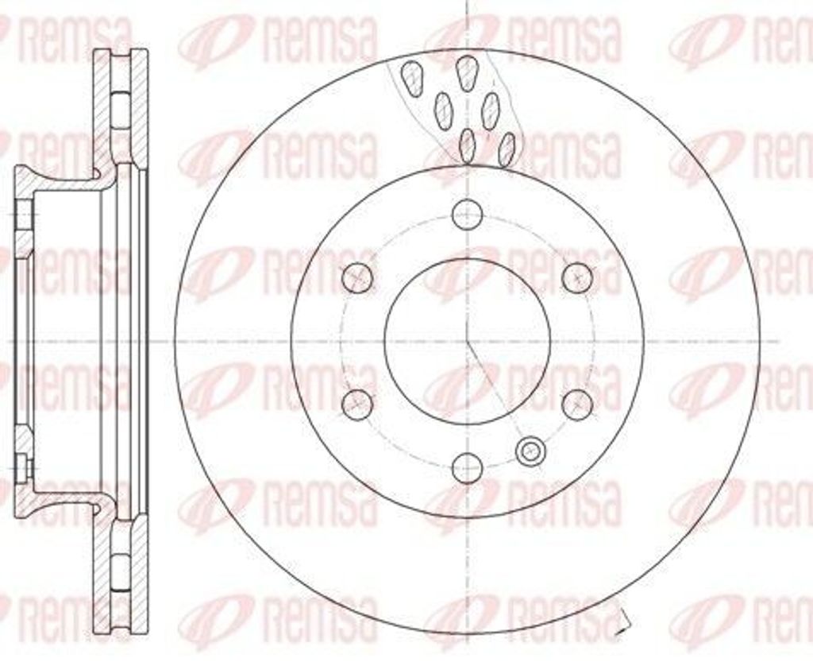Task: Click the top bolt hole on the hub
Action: tap(467, 214)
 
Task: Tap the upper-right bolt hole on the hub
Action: tap(577, 277)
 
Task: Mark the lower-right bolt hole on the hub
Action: tap(577, 404)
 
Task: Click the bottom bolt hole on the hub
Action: tap(467, 467)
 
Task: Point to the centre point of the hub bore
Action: tap(467, 340)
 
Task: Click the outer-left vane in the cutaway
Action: tap(412, 77)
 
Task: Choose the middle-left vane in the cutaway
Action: tap(443, 110)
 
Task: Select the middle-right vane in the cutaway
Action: tap(491, 109)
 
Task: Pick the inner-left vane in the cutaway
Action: tap(468, 145)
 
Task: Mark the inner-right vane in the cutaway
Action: tap(506, 148)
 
